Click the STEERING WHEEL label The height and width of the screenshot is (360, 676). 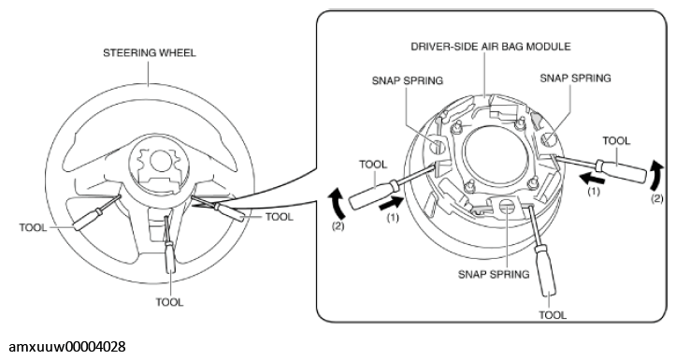click(150, 52)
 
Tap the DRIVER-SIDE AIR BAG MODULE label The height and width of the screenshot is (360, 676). click(491, 46)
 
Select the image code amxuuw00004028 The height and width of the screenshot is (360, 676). click(67, 347)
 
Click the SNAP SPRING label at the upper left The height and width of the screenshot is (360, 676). click(408, 80)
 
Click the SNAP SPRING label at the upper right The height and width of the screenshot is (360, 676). click(576, 78)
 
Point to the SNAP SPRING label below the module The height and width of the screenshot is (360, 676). click(494, 274)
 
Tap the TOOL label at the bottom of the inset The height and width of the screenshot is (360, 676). click(553, 315)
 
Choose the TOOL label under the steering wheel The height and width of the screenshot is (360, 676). click(169, 302)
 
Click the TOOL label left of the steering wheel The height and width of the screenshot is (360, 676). click(33, 227)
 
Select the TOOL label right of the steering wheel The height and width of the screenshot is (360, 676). click(280, 216)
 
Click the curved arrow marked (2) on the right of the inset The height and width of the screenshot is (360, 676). click(654, 176)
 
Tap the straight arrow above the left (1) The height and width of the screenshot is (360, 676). click(391, 204)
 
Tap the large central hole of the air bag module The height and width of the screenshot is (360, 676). click(496, 155)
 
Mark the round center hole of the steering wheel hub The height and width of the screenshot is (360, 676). click(160, 161)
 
